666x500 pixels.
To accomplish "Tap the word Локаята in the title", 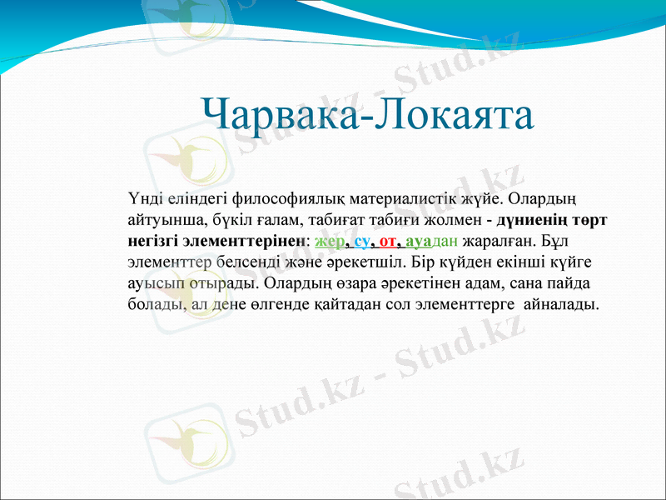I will [454, 114].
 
